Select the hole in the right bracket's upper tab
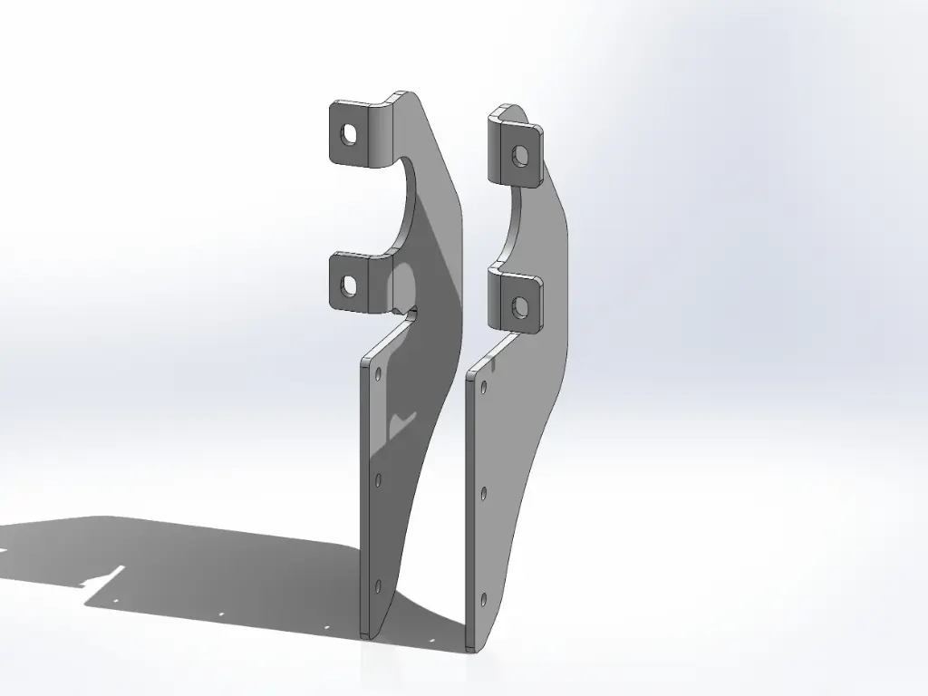click(517, 156)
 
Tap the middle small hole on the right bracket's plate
click(485, 493)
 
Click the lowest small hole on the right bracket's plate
click(485, 599)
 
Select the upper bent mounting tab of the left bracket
click(357, 133)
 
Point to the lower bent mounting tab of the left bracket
click(357, 284)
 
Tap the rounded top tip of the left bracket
click(404, 93)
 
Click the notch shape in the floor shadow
click(107, 575)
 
